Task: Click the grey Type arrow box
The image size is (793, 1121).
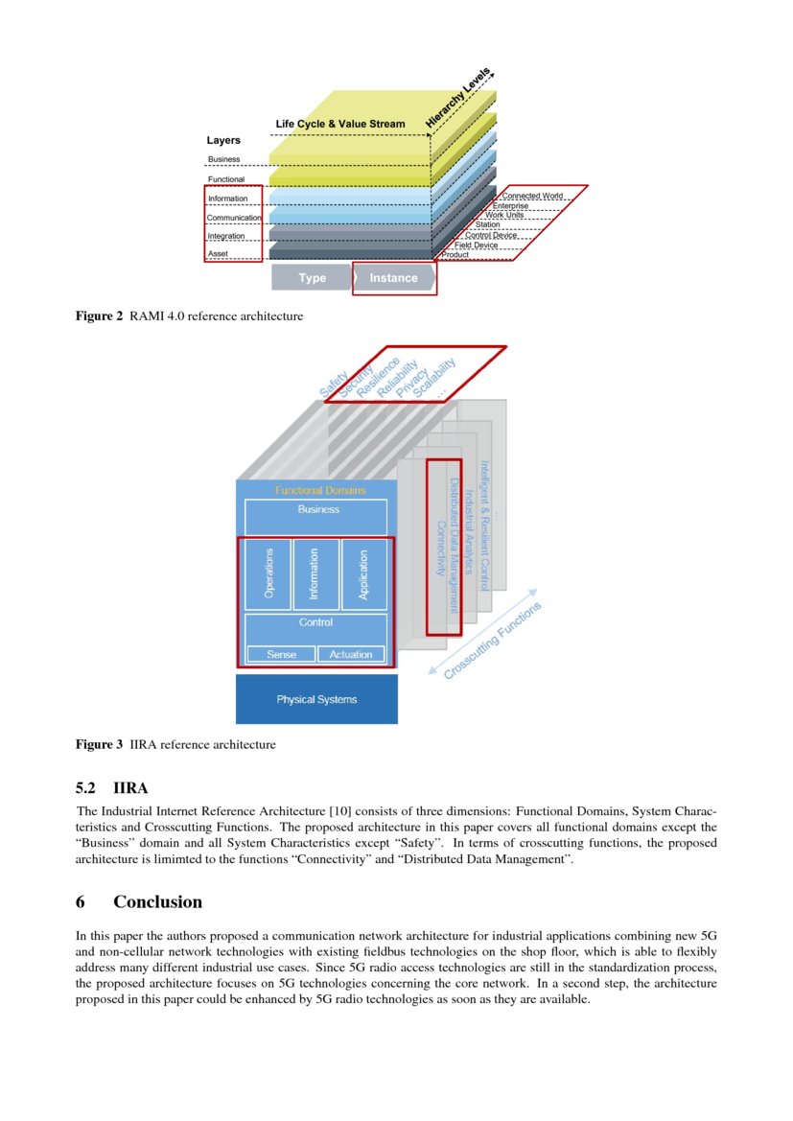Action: point(312,278)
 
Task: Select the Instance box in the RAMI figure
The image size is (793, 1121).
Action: point(394,278)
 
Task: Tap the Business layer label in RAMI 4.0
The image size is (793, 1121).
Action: point(224,159)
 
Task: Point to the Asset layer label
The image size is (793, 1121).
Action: point(219,254)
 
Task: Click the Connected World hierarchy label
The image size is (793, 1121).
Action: point(532,196)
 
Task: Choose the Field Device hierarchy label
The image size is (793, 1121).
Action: point(476,245)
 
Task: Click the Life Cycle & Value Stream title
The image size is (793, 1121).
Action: point(340,124)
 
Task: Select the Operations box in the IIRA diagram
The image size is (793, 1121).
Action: point(269,574)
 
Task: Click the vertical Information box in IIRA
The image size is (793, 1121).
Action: point(315,574)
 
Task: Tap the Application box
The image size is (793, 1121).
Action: point(363,574)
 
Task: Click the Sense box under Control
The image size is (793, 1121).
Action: point(281,654)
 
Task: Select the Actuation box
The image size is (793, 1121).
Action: point(351,654)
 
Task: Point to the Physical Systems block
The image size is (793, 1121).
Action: point(316,699)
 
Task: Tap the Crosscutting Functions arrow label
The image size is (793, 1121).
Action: point(493,641)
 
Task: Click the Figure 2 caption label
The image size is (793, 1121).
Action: point(100,315)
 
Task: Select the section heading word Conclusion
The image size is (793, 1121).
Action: point(157,901)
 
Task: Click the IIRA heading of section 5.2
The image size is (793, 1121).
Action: point(130,788)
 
